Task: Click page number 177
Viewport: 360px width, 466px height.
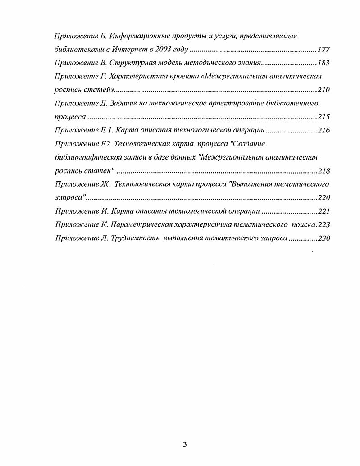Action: (x=324, y=50)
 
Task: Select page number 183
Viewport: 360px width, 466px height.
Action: (x=324, y=63)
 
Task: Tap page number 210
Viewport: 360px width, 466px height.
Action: (x=324, y=90)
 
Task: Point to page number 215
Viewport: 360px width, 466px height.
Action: (x=324, y=117)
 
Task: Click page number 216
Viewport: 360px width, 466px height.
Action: (x=324, y=131)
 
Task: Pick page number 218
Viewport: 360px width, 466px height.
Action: (x=324, y=171)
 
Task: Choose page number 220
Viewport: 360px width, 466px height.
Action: (x=324, y=198)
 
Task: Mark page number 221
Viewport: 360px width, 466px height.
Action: (x=324, y=211)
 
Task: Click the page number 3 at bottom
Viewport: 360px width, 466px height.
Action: (x=185, y=445)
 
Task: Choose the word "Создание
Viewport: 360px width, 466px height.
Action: (x=247, y=144)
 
